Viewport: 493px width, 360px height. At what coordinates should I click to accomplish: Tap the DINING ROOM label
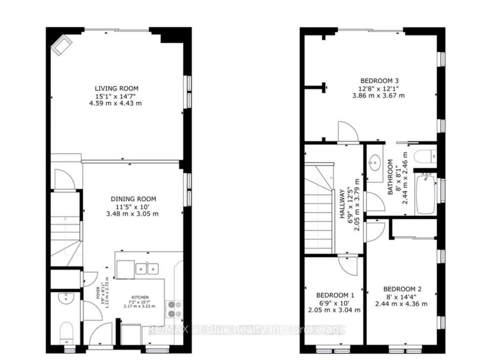134,199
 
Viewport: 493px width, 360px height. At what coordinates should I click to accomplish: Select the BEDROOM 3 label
379,81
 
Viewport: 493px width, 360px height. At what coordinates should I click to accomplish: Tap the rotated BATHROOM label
390,177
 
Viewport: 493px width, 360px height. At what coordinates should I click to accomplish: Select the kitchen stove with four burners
174,309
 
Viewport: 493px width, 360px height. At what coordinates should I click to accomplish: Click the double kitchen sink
147,269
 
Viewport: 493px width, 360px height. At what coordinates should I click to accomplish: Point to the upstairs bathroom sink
374,161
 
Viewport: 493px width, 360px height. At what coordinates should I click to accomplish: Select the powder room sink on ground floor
65,298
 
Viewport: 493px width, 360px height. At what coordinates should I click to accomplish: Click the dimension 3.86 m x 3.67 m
379,95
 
